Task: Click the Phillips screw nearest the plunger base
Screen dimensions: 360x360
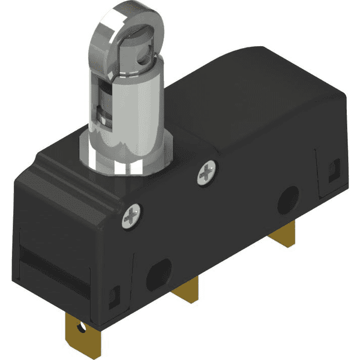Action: (x=206, y=174)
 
